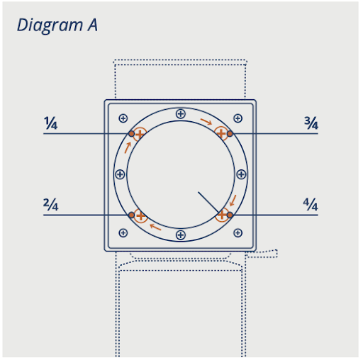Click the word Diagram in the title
(50, 26)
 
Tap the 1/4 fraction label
(50, 123)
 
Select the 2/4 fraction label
(50, 205)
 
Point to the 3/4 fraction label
(311, 123)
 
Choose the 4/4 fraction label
(311, 205)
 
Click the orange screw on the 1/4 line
(140, 134)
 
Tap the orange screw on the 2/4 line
(140, 215)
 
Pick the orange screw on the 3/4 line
(221, 133)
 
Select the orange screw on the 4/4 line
(222, 215)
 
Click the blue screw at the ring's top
(181, 114)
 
